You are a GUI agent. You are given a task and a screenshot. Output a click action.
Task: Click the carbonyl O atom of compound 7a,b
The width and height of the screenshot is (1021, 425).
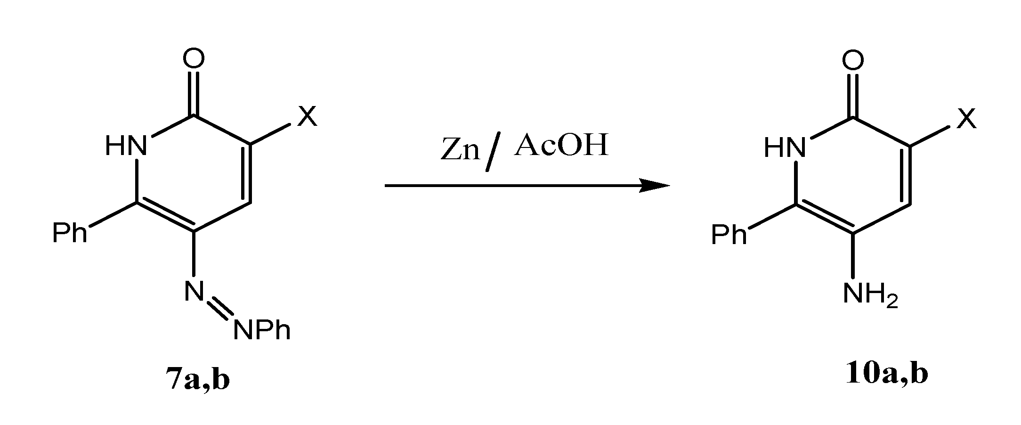(x=194, y=59)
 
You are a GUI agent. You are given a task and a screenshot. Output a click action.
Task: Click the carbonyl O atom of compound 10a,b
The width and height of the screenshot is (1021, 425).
(x=853, y=60)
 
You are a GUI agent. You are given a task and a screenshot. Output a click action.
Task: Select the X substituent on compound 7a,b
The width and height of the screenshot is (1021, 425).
(x=307, y=116)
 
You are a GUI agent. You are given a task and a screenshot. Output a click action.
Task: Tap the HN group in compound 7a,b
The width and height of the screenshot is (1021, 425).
(x=126, y=146)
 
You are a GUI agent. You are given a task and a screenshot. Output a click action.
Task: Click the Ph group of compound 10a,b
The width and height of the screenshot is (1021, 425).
(x=729, y=235)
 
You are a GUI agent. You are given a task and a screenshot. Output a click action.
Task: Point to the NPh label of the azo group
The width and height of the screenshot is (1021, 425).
(x=262, y=330)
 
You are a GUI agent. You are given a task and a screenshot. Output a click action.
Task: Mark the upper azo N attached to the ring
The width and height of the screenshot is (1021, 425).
(x=194, y=291)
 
